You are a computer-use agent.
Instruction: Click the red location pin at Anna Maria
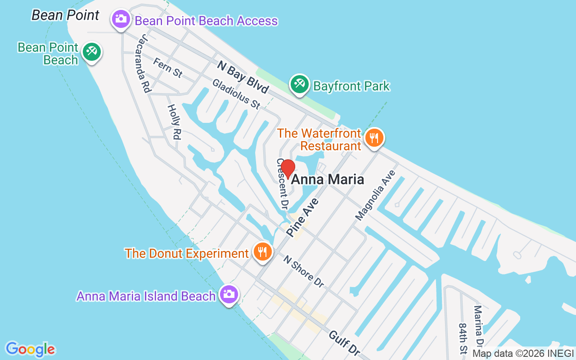[x=288, y=169]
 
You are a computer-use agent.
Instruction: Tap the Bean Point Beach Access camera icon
[x=121, y=19]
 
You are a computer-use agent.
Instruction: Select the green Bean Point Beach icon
[x=92, y=51]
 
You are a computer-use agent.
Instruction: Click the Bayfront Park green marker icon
[x=299, y=84]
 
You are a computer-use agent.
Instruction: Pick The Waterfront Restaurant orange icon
[x=374, y=138]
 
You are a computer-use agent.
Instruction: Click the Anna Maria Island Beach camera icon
[x=229, y=294]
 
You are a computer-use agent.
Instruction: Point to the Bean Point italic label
[x=65, y=15]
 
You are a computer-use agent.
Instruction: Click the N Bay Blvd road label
[x=243, y=77]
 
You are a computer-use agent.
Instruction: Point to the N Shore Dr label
[x=304, y=271]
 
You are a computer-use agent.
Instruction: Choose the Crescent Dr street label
[x=282, y=184]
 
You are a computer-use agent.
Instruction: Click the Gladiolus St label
[x=236, y=94]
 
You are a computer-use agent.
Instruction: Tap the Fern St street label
[x=167, y=68]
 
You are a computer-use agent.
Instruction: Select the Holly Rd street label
[x=174, y=121]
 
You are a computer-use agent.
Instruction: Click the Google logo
[x=31, y=349]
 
